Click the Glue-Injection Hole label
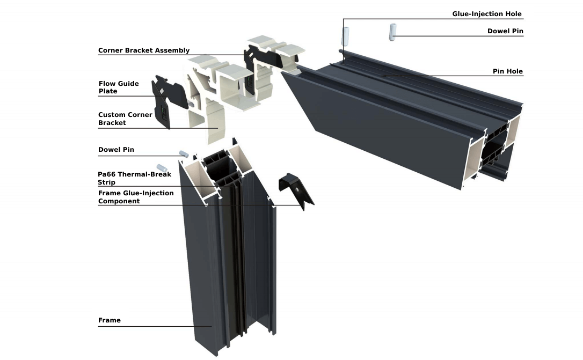487,14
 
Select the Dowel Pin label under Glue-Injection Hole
505,31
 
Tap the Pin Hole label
507,71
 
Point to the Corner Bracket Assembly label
143,50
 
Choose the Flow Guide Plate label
118,87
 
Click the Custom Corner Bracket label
125,119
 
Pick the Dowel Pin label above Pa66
116,150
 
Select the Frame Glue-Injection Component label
136,197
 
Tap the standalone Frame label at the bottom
109,320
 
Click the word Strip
106,182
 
